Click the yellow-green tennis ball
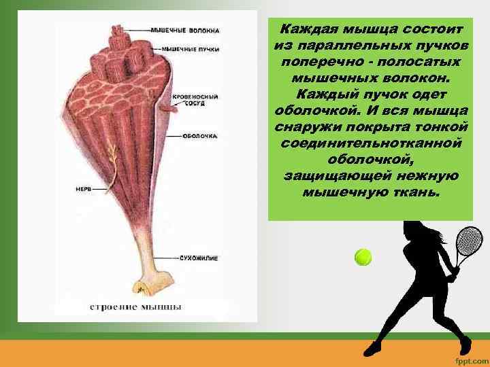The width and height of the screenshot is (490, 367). pyautogui.click(x=363, y=257)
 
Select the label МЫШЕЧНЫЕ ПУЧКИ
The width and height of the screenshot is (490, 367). pyautogui.click(x=191, y=49)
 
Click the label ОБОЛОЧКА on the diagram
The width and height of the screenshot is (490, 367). pyautogui.click(x=199, y=136)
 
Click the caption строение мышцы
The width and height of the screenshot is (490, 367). pyautogui.click(x=136, y=307)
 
